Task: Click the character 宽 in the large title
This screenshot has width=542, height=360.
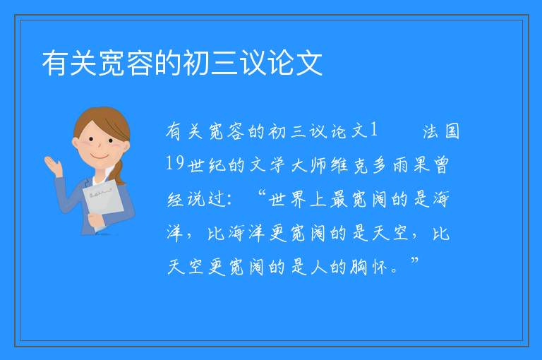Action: coord(112,63)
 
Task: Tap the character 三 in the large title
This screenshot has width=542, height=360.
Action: coord(224,63)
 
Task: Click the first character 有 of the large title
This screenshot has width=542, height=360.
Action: coord(55,63)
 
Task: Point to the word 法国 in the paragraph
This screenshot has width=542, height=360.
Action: coord(441,131)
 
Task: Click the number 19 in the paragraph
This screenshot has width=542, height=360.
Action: coord(174,162)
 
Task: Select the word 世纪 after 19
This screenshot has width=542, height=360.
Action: coord(206,165)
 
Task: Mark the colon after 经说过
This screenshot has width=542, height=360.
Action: coord(231,200)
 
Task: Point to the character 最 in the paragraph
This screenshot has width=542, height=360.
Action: coord(339,199)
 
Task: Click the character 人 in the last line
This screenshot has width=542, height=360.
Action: coord(319,267)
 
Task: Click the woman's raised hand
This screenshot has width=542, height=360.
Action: coord(52,164)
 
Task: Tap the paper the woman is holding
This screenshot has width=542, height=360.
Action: coord(103,203)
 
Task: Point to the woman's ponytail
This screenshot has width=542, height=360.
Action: coord(119,172)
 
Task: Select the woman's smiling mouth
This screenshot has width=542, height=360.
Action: coord(100,157)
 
